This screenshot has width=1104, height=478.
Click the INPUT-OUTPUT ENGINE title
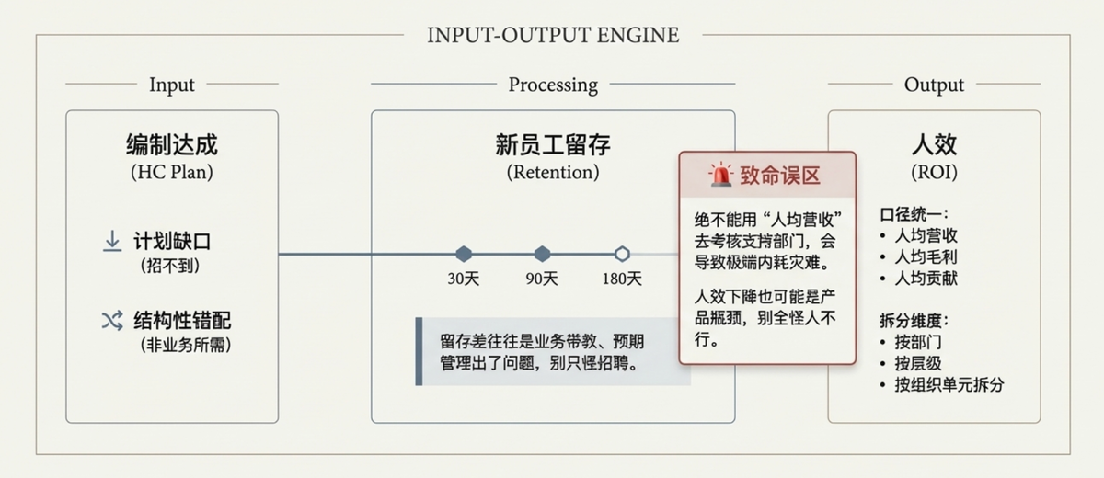point(553,36)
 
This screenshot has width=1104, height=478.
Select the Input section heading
point(172,85)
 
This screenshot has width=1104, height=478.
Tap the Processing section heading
point(553,85)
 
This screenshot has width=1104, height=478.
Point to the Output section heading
point(934,85)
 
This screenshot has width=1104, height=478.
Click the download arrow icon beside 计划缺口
point(112,242)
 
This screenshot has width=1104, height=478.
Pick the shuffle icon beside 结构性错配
point(112,321)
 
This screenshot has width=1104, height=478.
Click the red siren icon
point(720,175)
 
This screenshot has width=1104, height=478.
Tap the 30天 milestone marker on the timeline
point(464,254)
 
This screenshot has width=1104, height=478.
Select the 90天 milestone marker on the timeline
point(542,254)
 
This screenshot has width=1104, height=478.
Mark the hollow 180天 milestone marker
point(622,254)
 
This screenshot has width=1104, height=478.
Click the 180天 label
point(622,279)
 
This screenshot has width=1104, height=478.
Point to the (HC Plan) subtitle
point(172,172)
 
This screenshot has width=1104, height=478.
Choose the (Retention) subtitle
point(553,172)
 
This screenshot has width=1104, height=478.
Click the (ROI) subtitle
point(934,172)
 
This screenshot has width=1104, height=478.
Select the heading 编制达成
point(172,145)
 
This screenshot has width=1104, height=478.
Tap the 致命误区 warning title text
point(779,176)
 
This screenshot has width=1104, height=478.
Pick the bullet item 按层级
point(918,363)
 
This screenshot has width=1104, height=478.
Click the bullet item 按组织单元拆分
point(949,384)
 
